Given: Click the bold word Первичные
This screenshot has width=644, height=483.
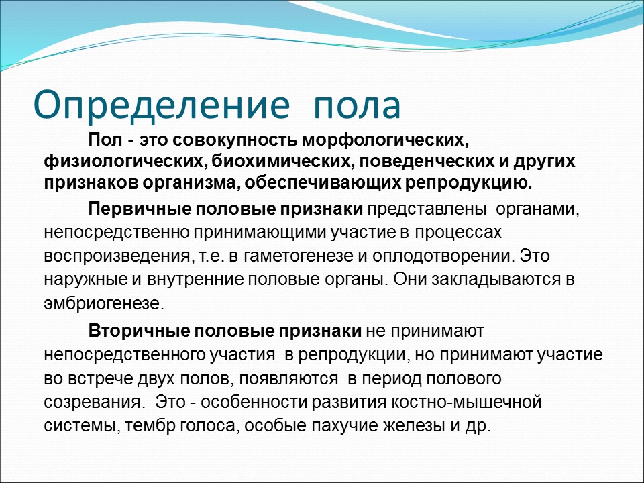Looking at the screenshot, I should coord(138,209).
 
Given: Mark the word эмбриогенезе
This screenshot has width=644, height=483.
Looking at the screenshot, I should coord(103,303).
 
